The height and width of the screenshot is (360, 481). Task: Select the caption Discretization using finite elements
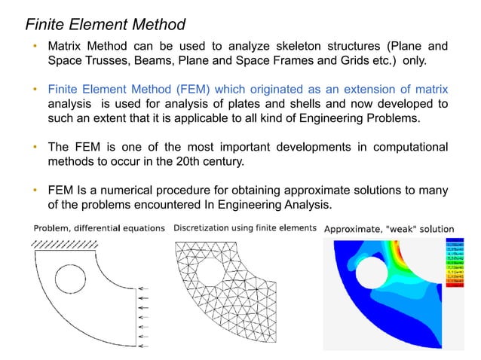click(244, 228)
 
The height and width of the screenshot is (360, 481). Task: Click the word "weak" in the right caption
click(398, 228)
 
